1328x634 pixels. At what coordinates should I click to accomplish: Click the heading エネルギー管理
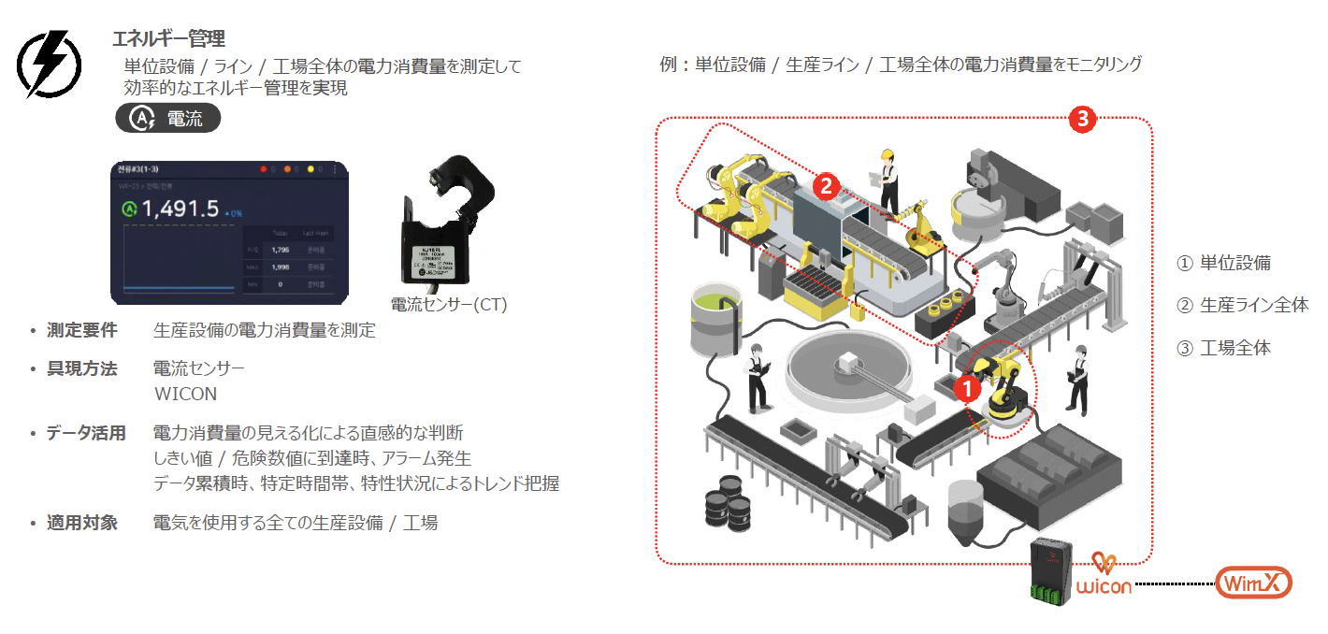click(x=168, y=39)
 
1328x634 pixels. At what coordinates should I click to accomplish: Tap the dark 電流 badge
click(x=168, y=118)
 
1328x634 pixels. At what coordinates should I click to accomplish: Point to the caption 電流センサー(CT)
click(x=448, y=304)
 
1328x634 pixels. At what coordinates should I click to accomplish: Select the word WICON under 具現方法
click(x=185, y=394)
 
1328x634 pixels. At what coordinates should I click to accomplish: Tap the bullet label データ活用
click(x=86, y=434)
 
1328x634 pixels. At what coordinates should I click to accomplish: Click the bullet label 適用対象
click(x=82, y=523)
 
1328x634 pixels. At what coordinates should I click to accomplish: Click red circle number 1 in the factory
click(x=968, y=383)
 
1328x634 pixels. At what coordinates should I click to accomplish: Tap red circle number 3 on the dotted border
click(x=1082, y=119)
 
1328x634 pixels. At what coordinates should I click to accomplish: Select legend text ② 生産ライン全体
click(x=1242, y=305)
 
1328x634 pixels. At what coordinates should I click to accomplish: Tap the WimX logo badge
click(x=1254, y=584)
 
